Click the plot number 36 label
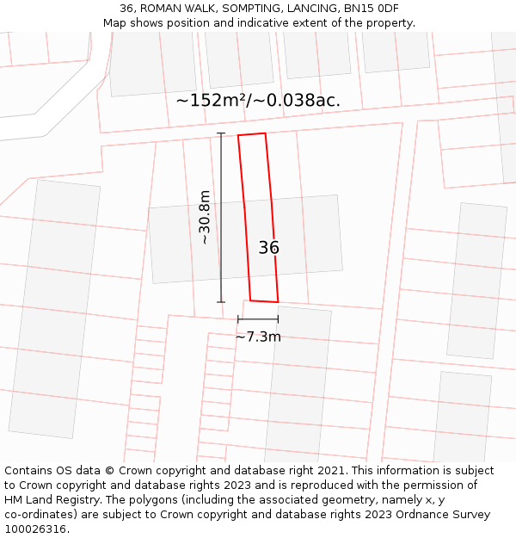(268, 248)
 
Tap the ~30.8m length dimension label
(205, 217)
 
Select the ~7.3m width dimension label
(258, 337)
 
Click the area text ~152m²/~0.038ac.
(258, 101)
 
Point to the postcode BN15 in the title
(359, 9)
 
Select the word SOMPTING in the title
(249, 9)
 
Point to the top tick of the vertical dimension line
(221, 133)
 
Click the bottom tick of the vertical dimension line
(221, 302)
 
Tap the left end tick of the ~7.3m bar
(238, 319)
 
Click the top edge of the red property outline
(251, 134)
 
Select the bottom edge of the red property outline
(264, 301)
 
